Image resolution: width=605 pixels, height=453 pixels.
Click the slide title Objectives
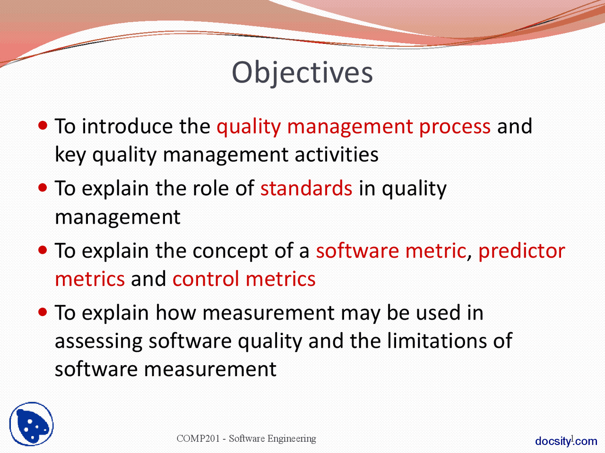point(302,73)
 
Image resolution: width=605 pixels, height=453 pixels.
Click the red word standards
point(306,188)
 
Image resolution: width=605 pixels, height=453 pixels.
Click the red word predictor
point(521,251)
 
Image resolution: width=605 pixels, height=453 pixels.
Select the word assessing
point(98,341)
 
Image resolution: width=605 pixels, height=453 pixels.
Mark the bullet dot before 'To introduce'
point(43,126)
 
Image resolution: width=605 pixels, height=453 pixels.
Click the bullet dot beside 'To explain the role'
point(43,187)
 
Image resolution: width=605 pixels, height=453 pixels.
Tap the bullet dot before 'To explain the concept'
point(43,250)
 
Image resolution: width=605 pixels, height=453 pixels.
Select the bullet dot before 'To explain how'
point(43,312)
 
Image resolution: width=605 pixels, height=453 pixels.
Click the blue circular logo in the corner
point(31,424)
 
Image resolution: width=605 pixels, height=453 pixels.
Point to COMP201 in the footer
point(198,438)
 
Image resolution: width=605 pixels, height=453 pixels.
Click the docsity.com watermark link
point(566,441)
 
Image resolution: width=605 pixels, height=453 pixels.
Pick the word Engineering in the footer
point(292,438)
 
